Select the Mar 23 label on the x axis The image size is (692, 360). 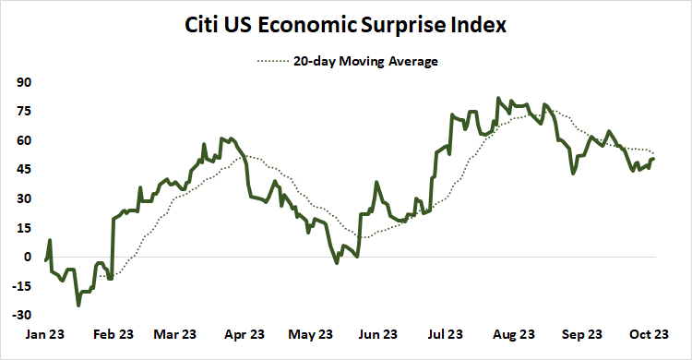(175, 334)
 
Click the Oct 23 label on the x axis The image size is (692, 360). (648, 334)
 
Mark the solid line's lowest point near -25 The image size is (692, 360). (78, 305)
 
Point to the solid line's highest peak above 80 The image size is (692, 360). (499, 98)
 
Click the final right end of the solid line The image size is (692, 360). (654, 159)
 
